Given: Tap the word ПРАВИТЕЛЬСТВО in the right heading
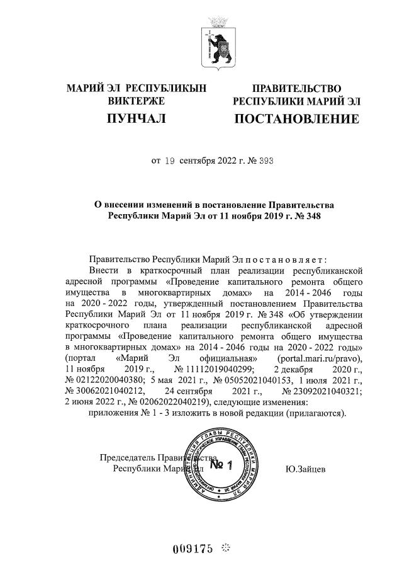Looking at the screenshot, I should [x=297, y=88].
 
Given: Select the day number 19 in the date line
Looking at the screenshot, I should [x=169, y=161].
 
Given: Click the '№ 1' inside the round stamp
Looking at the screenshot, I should [x=220, y=465].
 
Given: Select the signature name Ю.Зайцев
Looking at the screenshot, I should [x=305, y=469].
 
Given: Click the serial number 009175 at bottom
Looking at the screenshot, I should [x=194, y=547].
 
